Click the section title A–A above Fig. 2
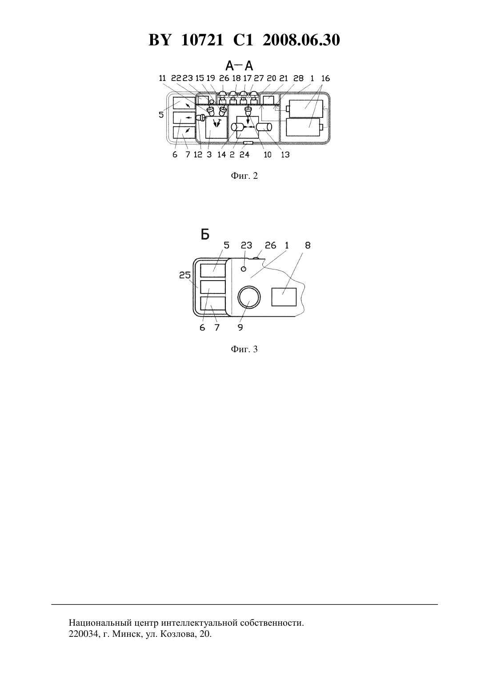239,66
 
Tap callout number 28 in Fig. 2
299,78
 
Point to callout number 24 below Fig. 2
244,154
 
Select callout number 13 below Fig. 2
285,154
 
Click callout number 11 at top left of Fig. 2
163,78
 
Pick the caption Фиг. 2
244,176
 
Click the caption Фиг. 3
244,349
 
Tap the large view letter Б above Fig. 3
205,235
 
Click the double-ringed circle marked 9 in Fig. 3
249,297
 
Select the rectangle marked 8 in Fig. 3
284,297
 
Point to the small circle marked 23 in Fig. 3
244,269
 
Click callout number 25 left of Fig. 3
185,275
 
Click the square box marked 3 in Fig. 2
216,127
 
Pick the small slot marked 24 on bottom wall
248,143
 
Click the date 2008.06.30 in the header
301,40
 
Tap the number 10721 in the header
202,40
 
